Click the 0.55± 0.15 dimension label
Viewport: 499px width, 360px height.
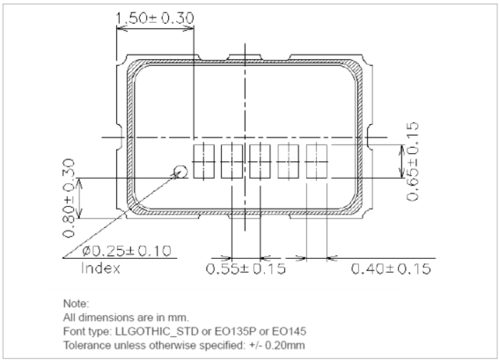[246, 268]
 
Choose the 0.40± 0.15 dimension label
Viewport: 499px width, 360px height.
[393, 268]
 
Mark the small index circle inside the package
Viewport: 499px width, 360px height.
[180, 172]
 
